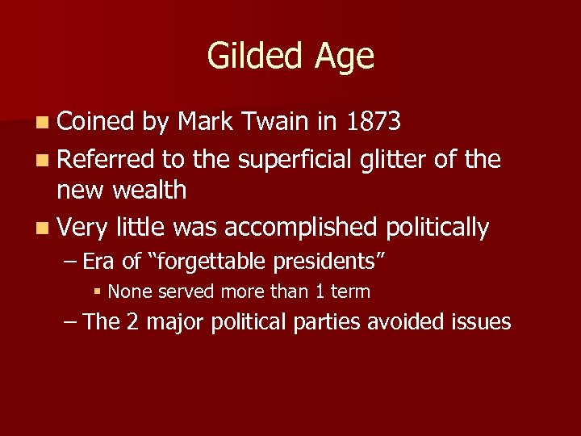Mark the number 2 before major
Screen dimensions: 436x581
[x=134, y=321]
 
